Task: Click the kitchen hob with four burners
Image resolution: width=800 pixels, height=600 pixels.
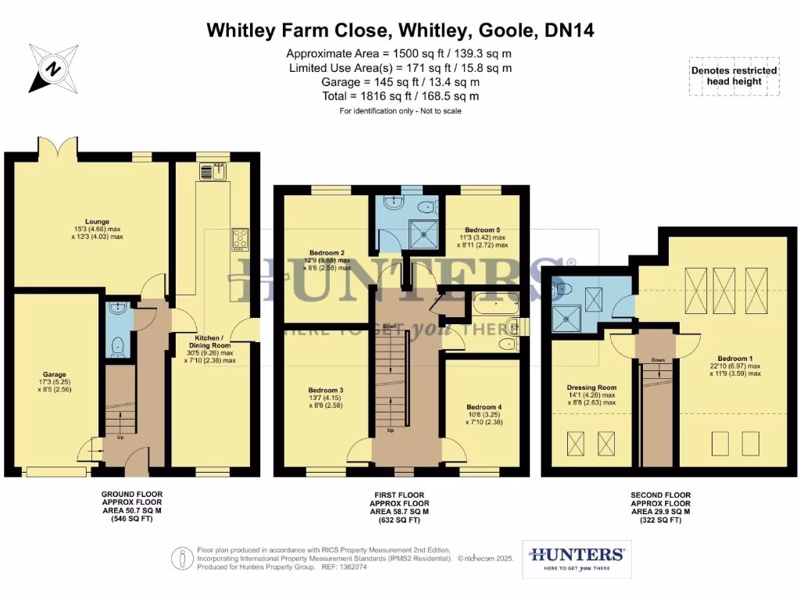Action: (x=239, y=240)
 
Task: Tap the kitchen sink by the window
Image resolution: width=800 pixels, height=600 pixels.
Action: (x=212, y=172)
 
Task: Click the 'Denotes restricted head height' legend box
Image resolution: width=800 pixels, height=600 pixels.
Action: (x=734, y=76)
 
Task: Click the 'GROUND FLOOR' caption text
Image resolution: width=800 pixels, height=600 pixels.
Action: (x=132, y=495)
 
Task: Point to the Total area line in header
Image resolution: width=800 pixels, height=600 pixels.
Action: (x=399, y=96)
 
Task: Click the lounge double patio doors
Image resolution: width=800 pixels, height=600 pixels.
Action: (x=57, y=148)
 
